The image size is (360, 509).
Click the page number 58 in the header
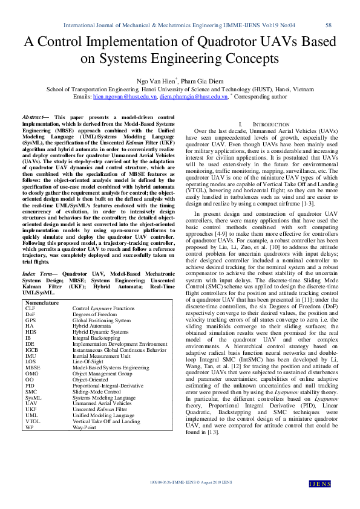tap(329, 25)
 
